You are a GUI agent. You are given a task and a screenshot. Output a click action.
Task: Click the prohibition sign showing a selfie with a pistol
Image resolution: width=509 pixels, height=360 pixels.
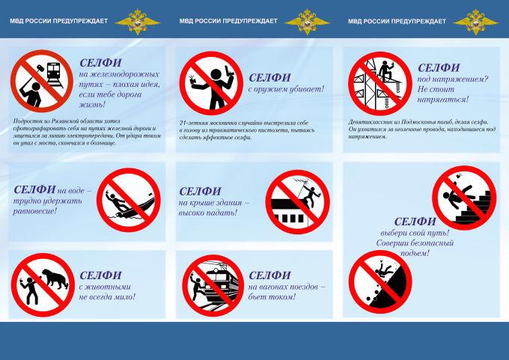click(x=210, y=82)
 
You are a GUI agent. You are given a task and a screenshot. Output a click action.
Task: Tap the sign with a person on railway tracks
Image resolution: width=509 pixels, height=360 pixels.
click(x=41, y=81)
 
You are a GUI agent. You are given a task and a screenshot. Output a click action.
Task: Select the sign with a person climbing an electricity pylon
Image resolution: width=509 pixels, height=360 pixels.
click(x=380, y=82)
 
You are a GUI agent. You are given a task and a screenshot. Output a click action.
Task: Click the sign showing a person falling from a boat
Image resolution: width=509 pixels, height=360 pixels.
click(x=128, y=199)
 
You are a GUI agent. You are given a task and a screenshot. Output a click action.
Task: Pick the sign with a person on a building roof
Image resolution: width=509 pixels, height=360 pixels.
click(x=297, y=201)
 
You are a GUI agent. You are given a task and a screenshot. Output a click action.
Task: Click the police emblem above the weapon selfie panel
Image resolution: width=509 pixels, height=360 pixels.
click(x=307, y=21)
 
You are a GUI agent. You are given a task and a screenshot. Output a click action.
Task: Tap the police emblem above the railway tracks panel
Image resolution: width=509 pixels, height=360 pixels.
click(x=137, y=21)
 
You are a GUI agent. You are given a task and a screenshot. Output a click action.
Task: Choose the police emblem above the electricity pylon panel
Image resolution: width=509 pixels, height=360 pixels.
click(x=476, y=21)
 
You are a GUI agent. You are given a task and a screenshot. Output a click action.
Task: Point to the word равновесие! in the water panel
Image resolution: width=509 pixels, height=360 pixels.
click(x=35, y=211)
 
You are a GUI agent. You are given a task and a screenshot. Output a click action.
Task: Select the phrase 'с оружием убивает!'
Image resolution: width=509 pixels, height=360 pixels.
click(x=286, y=89)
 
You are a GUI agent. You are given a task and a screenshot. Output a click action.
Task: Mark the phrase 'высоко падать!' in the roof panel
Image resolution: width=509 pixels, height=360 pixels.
click(x=208, y=213)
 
